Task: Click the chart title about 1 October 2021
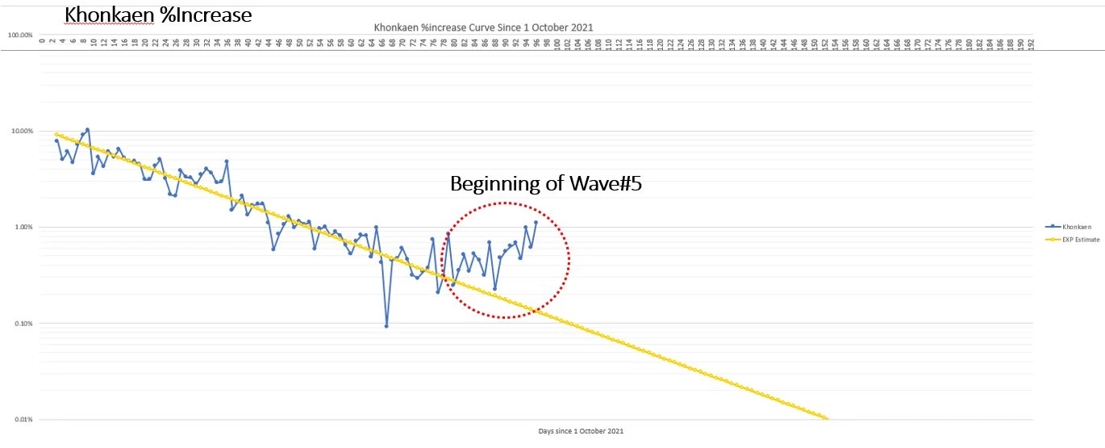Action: (483, 27)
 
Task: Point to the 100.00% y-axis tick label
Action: (20, 36)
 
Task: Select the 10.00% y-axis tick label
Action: (21, 132)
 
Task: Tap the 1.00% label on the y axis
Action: (23, 228)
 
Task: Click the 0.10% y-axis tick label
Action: (23, 324)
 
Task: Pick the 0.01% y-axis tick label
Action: (23, 420)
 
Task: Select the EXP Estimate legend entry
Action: (1073, 239)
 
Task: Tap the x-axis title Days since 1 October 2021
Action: (581, 431)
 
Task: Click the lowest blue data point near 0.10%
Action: (386, 326)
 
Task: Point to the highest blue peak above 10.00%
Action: (87, 129)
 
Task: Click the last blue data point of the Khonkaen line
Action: (536, 222)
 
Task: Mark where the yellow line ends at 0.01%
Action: (827, 419)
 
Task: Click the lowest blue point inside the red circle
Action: (494, 288)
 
